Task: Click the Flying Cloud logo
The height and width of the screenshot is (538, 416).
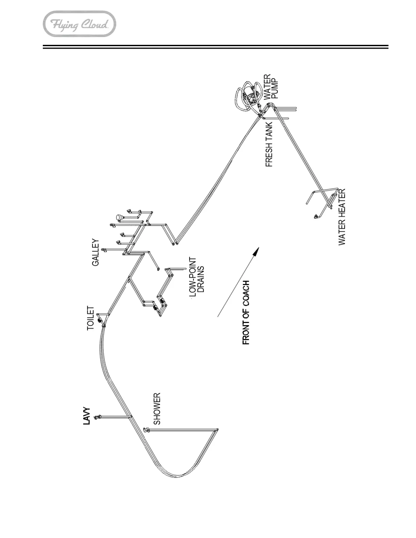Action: [80, 24]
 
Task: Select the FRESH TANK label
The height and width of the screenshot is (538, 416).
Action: [269, 144]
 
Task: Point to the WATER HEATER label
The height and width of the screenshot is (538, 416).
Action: [342, 217]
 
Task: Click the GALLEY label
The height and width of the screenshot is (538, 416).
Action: [96, 253]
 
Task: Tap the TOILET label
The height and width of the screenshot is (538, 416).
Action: [90, 318]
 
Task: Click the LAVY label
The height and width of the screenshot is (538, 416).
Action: [87, 416]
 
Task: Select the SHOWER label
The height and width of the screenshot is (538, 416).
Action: [157, 409]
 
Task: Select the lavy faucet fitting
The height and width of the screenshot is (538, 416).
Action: [98, 417]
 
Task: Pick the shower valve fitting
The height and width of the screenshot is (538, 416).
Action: [146, 429]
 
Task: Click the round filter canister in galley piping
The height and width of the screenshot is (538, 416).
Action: [119, 217]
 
